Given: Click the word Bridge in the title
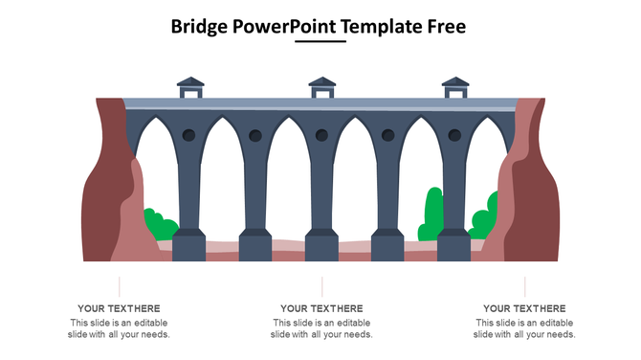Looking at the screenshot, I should [x=199, y=26].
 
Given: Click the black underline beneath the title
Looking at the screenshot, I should [x=320, y=42].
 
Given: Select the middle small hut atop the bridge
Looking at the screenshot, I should [x=321, y=87].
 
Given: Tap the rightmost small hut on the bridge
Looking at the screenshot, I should [x=453, y=87].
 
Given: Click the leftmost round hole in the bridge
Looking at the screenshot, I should [x=188, y=136].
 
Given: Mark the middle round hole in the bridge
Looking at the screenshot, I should [x=320, y=136].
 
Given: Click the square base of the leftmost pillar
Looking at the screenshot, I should [x=189, y=247].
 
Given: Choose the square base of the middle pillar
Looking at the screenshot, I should [x=321, y=247].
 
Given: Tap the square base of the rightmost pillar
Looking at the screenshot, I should [x=453, y=247].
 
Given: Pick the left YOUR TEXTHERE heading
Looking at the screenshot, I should [x=119, y=308].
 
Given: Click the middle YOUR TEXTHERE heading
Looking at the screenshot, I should [x=321, y=308].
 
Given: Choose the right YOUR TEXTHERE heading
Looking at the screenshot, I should [x=524, y=308].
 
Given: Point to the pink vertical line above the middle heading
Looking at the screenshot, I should [x=322, y=286].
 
